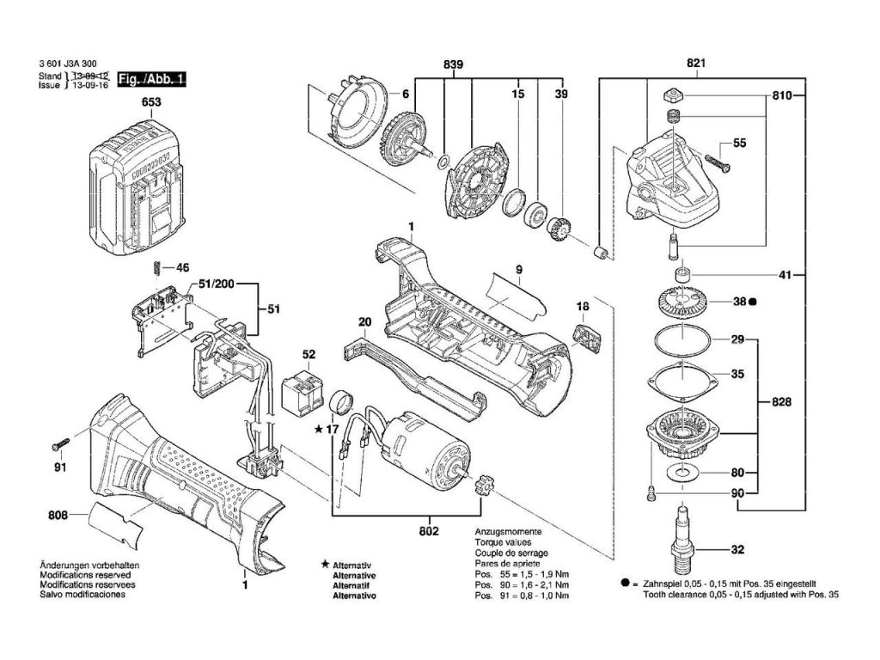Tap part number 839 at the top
pos(454,64)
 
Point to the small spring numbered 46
pos(156,267)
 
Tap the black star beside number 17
pos(319,428)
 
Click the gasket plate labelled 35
pos(679,376)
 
